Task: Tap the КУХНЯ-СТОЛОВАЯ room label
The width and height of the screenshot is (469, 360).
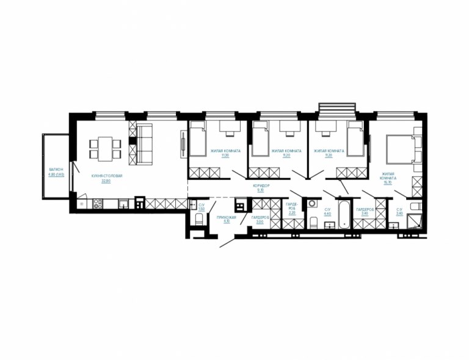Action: coord(107,176)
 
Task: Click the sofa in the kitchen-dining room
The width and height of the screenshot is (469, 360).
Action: coord(145,144)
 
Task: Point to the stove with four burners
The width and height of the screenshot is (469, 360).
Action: coord(98,203)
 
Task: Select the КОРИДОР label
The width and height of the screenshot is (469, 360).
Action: coord(260,185)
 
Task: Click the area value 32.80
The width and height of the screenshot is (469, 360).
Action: coord(106,181)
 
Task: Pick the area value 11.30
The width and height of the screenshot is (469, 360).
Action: coord(224,156)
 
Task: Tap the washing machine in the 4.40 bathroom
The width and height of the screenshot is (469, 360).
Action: coord(313,204)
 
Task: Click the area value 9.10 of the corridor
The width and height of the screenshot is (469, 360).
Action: coord(260,190)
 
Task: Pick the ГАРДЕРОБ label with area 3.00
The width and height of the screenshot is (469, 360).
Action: coord(260,217)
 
